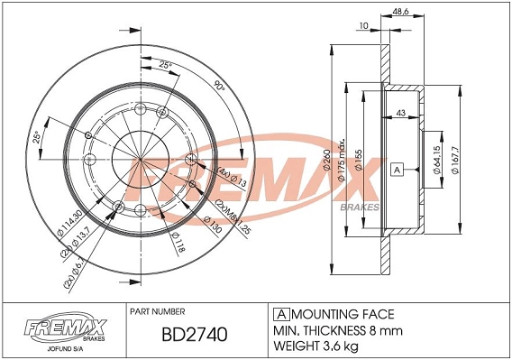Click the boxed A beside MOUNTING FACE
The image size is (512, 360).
point(281,314)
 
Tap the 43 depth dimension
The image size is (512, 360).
point(399,112)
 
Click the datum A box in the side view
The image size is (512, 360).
point(397,169)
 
